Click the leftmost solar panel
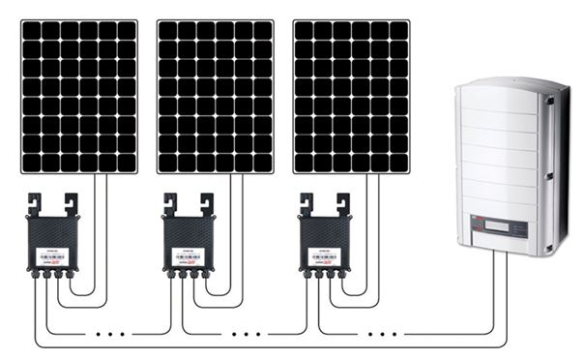point(78,96)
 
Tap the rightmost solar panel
point(350,96)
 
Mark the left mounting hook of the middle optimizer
point(172,204)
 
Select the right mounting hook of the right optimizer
point(341,204)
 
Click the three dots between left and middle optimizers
point(112,333)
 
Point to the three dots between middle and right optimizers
point(248,333)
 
